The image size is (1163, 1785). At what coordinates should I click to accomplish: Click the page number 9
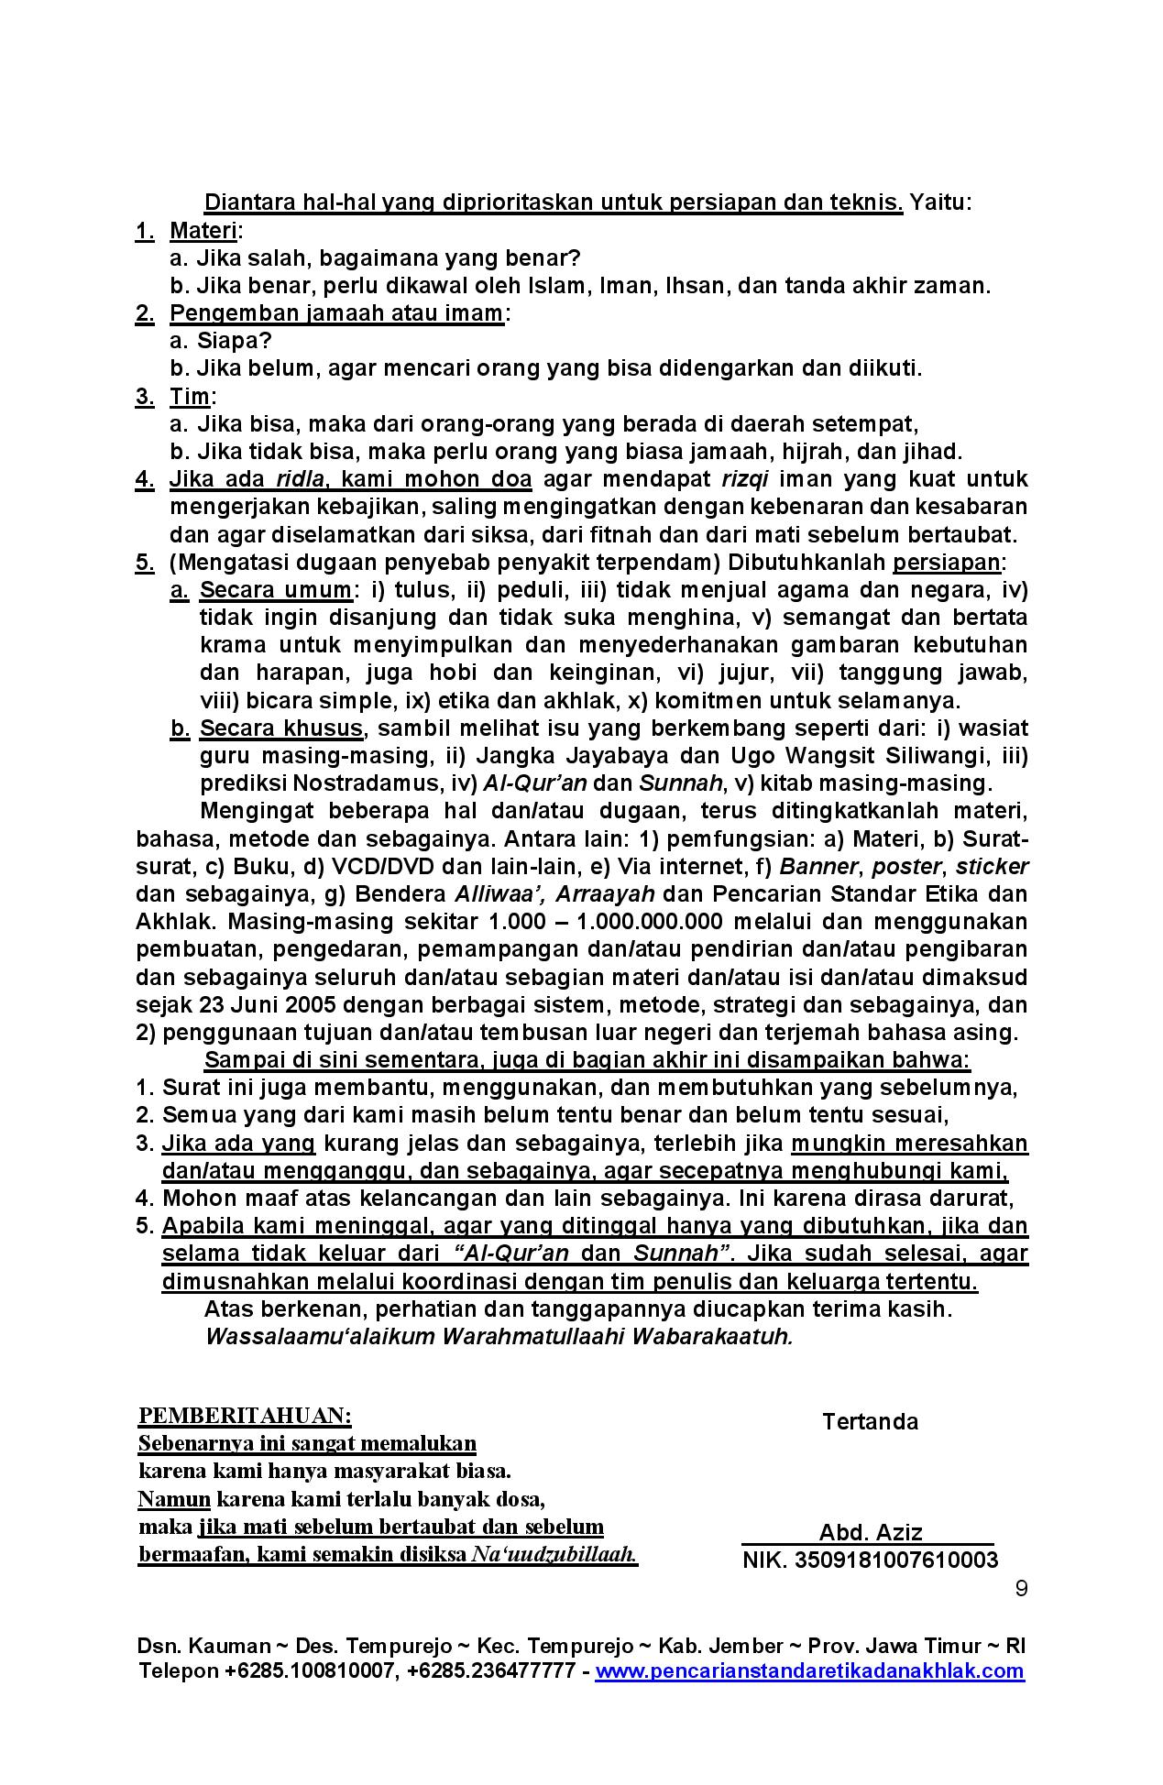pos(1021,1588)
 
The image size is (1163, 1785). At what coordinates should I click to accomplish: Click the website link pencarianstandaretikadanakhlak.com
pos(809,1670)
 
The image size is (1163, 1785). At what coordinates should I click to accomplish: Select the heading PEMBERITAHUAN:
pos(245,1416)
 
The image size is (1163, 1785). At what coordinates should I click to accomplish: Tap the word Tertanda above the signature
pos(870,1421)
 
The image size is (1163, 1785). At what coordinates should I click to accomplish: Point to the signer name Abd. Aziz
pos(870,1532)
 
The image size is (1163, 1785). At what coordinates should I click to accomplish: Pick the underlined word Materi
pos(203,230)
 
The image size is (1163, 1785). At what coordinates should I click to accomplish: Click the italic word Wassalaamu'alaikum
pos(321,1336)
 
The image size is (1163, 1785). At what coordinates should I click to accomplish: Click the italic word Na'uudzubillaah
pos(554,1554)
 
